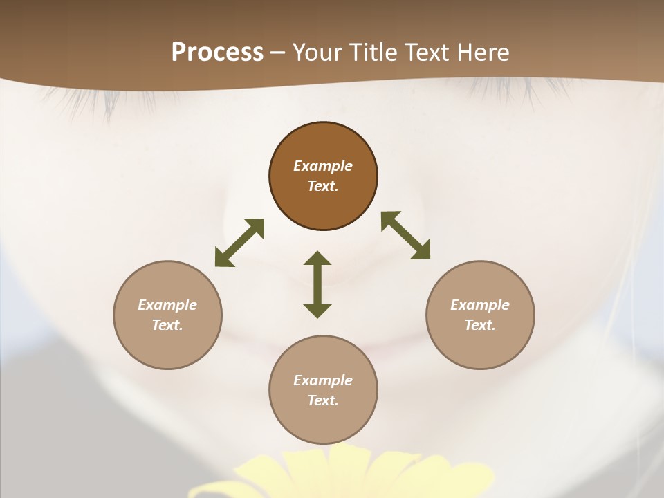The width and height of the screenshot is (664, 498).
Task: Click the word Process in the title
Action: (217, 53)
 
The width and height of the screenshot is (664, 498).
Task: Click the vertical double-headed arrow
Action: (317, 284)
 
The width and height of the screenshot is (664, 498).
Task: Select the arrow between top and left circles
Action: (239, 243)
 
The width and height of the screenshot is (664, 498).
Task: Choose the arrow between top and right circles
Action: (405, 235)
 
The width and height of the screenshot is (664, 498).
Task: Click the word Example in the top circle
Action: (323, 166)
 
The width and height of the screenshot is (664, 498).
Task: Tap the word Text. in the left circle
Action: (167, 325)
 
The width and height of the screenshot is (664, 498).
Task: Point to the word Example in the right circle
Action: (480, 305)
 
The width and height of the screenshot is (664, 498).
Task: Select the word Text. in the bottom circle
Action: (323, 400)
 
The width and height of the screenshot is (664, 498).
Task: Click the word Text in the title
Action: (429, 53)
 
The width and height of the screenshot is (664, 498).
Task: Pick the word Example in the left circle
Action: (167, 305)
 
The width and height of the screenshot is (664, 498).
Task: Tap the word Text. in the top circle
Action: (323, 186)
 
